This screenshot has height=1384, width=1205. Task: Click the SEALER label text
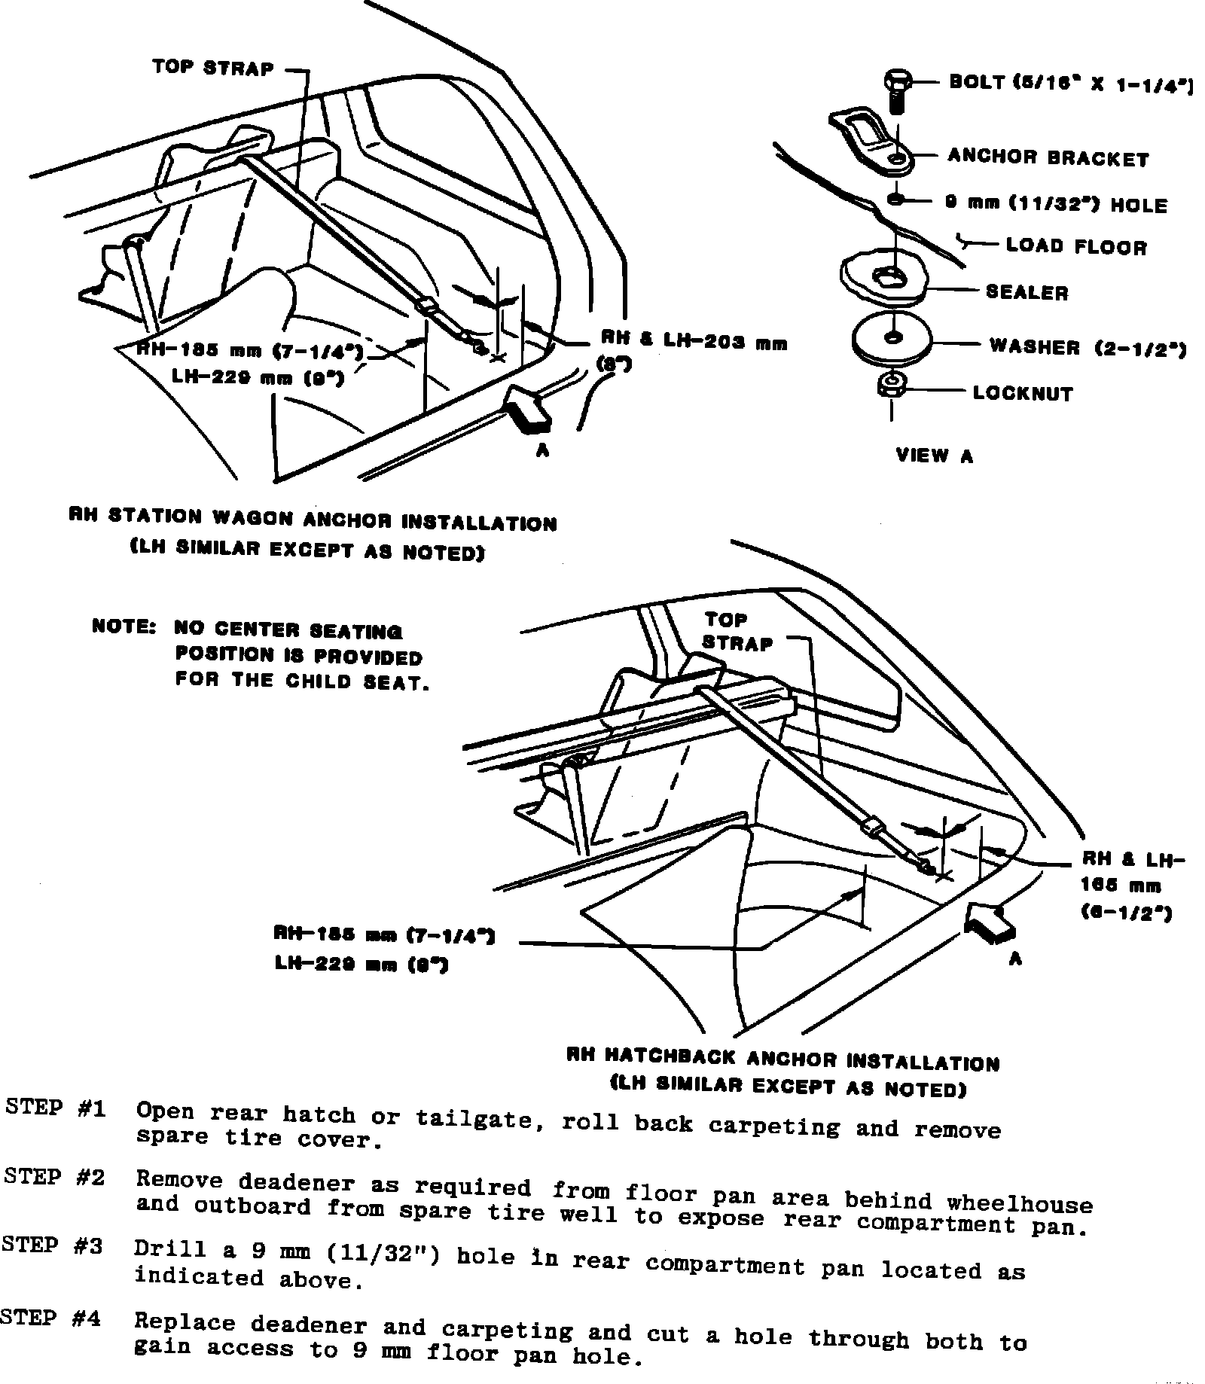pyautogui.click(x=1027, y=292)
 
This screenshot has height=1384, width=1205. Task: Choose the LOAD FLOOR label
pyautogui.click(x=1076, y=246)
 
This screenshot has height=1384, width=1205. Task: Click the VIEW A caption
pyautogui.click(x=934, y=455)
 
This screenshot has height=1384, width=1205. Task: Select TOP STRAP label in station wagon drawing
pyautogui.click(x=213, y=68)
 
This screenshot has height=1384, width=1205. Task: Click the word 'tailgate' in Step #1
pyautogui.click(x=480, y=1120)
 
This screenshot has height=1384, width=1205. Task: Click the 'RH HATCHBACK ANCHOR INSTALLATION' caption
pyautogui.click(x=782, y=1059)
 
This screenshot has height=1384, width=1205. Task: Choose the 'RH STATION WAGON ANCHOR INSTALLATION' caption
pyautogui.click(x=313, y=520)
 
